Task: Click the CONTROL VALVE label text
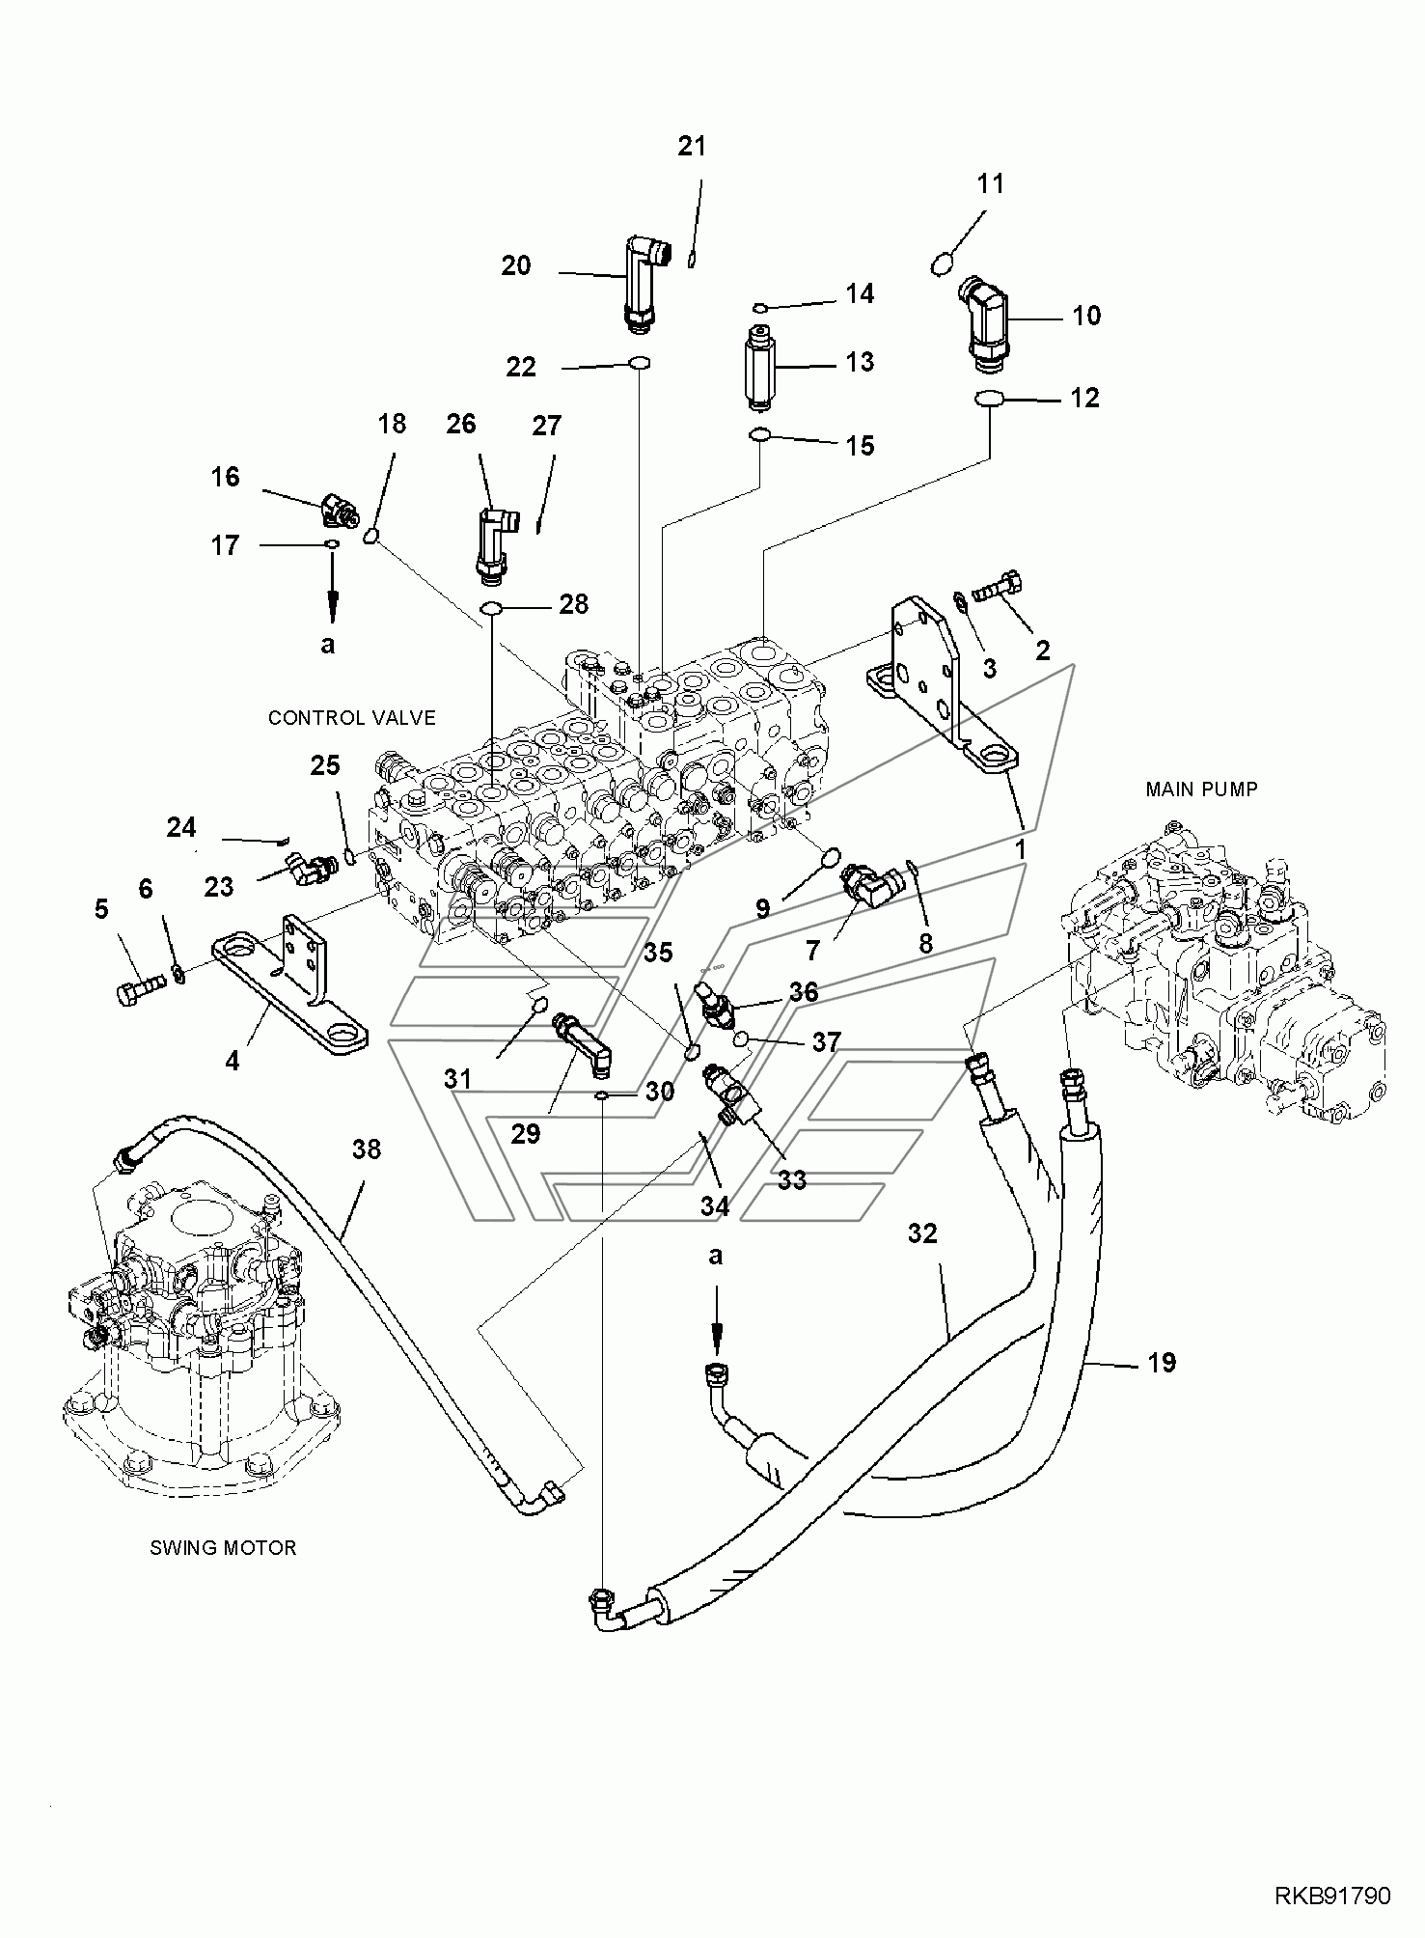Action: [351, 717]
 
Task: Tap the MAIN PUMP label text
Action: [1201, 789]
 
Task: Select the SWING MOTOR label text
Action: [223, 1547]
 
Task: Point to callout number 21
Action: [692, 146]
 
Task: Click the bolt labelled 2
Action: [997, 586]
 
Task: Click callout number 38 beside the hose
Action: [367, 1149]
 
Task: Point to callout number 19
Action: [1162, 1362]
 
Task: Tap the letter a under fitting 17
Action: [328, 644]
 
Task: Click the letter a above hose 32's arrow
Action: [715, 1256]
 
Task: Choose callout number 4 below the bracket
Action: [232, 1061]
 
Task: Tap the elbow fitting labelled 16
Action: [338, 511]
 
